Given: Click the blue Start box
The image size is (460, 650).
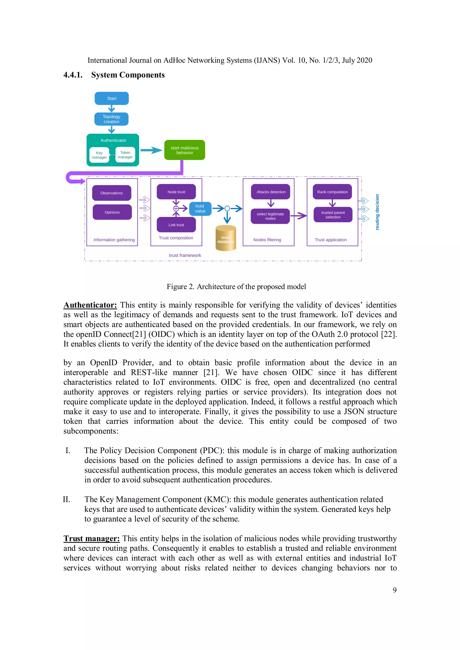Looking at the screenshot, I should coord(112,98).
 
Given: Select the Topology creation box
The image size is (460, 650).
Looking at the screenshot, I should coord(111,119).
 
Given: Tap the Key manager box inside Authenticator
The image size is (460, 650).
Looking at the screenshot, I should coord(99,155).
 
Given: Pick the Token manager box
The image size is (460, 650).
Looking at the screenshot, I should coord(125,154).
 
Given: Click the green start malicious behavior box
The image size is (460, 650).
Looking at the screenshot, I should coord(184,150).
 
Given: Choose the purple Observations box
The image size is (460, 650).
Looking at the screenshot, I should coord(112,193).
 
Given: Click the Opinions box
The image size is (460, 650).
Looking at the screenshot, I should coord(112,212).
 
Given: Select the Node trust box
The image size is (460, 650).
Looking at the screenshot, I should coord(176,192).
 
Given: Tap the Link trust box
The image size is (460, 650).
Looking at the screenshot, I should coord(176,225).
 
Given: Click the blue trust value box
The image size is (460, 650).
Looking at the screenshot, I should coord(200,209).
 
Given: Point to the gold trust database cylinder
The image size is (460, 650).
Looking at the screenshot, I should coord(226,238).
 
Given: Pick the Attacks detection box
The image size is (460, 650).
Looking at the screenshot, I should coord(271,192).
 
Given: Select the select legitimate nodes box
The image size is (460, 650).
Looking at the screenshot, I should coord(270,216).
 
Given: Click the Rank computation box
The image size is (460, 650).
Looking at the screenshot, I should coord(332,192).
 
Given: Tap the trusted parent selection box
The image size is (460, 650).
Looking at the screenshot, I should coord(333,215).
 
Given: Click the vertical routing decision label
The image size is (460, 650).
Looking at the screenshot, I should coord(377,212).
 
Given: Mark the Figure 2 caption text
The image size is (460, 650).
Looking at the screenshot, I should coord(236,286).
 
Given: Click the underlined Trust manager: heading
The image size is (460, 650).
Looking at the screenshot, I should coord(91,538).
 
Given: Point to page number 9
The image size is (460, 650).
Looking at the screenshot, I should coord(395,590).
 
